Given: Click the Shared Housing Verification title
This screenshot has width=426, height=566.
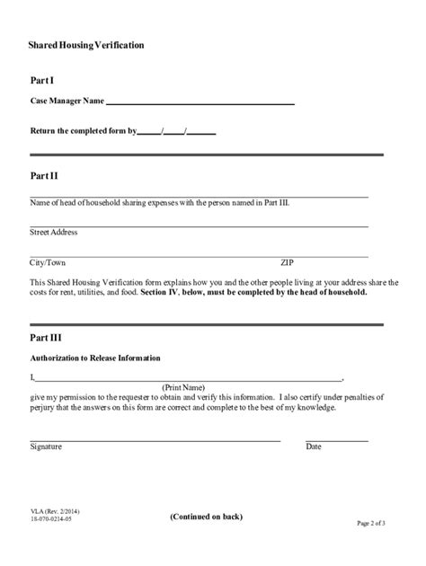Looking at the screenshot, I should click(x=86, y=44).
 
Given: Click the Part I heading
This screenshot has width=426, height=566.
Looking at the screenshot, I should click(x=42, y=81).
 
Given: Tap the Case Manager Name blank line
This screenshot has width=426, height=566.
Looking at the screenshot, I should click(x=200, y=104).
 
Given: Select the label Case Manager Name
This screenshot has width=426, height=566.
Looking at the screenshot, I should click(x=67, y=101).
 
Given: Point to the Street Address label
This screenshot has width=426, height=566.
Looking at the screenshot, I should click(x=54, y=233).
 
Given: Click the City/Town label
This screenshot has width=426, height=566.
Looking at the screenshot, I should click(x=48, y=263).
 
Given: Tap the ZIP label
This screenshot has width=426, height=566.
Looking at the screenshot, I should click(x=287, y=263).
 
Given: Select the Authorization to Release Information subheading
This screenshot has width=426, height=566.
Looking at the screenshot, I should click(x=95, y=358).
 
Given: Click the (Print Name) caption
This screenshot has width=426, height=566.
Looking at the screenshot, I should click(x=183, y=387).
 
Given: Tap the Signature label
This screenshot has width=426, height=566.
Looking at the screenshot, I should click(x=46, y=447).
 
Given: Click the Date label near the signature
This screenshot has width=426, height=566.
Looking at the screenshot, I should click(x=314, y=447).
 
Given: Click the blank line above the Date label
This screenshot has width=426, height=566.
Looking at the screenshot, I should click(x=337, y=440).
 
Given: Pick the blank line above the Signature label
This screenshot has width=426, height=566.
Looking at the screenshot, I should click(x=155, y=440).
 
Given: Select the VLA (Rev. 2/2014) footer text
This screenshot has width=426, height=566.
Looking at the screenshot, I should click(x=55, y=511).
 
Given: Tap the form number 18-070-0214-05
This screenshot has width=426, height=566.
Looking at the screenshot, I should click(x=52, y=520).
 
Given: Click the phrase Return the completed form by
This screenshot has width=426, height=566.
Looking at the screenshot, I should click(x=83, y=130).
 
